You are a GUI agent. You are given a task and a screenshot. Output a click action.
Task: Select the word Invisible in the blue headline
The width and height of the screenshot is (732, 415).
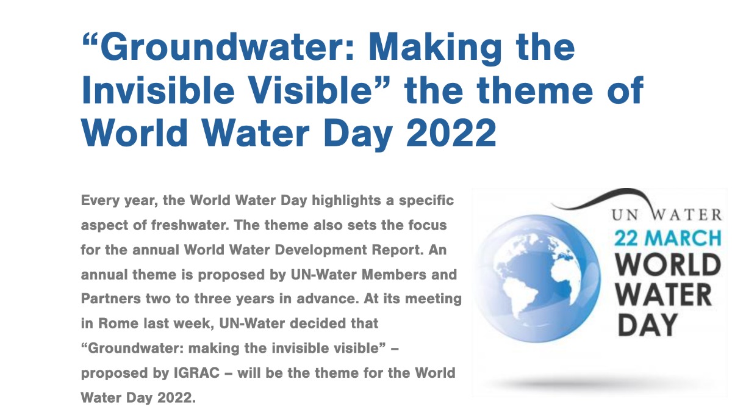[159, 90]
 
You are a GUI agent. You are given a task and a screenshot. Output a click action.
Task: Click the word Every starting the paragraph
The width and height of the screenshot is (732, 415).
[100, 201]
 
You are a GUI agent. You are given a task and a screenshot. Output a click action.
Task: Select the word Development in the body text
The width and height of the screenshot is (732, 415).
[321, 250]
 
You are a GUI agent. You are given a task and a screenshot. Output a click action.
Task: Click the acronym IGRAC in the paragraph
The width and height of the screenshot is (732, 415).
[196, 373]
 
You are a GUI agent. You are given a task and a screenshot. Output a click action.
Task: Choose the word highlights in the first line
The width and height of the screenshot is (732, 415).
[346, 201]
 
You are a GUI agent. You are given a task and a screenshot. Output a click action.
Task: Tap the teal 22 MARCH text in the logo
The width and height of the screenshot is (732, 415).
[667, 238]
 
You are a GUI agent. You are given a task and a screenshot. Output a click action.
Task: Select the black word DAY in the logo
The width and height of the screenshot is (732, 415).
[648, 325]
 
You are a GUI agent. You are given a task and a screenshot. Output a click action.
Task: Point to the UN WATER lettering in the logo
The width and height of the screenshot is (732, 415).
[667, 215]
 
